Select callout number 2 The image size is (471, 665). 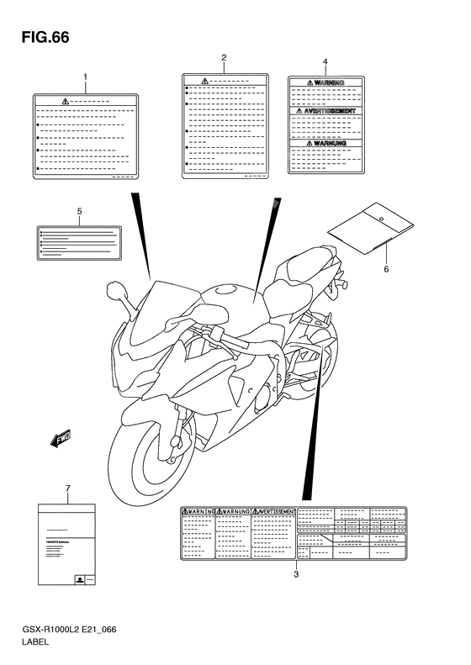pyautogui.click(x=224, y=58)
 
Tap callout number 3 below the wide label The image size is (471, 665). pyautogui.click(x=296, y=575)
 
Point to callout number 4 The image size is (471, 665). pyautogui.click(x=325, y=62)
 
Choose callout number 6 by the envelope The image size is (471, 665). pyautogui.click(x=386, y=269)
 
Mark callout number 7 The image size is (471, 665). pyautogui.click(x=67, y=488)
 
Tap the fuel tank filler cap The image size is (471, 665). pyautogui.click(x=225, y=291)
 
